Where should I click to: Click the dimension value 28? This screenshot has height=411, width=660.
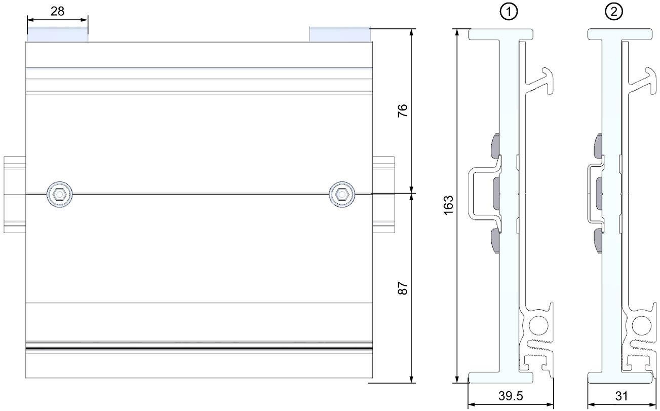click(x=57, y=12)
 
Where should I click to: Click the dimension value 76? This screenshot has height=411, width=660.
click(x=403, y=110)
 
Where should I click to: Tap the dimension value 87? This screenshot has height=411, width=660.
click(x=403, y=288)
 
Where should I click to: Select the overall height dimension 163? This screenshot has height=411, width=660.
click(x=448, y=205)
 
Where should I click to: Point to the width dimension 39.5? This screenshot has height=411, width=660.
click(x=511, y=396)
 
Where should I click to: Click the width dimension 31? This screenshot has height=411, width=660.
click(x=622, y=396)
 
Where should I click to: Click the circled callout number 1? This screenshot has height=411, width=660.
click(x=509, y=12)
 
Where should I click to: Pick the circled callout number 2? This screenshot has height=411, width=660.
click(x=614, y=12)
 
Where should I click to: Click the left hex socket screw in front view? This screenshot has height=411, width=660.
click(x=60, y=194)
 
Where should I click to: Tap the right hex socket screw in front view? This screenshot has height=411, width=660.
click(x=342, y=194)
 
